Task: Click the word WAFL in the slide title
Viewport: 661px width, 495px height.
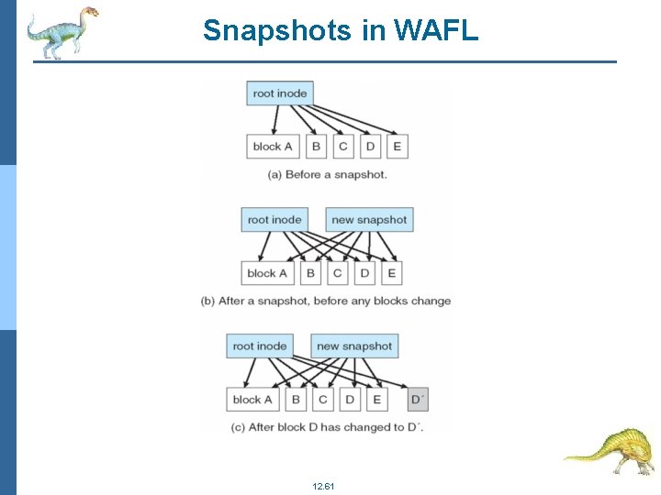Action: [x=436, y=30]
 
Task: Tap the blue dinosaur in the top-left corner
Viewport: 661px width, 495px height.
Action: [x=61, y=32]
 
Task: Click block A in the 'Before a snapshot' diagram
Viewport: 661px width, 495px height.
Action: [x=273, y=147]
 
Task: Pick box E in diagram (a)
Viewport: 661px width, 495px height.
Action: [x=398, y=147]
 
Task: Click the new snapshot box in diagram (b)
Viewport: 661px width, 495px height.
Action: [x=369, y=220]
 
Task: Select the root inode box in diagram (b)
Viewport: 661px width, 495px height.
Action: [x=274, y=220]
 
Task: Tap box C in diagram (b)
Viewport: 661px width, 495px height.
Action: [x=337, y=273]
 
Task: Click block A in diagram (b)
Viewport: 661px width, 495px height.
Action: [x=267, y=273]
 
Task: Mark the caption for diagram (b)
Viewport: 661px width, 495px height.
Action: [x=326, y=301]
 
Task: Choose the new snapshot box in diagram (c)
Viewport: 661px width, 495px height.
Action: [x=354, y=346]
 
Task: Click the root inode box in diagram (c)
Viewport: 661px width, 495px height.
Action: [x=260, y=346]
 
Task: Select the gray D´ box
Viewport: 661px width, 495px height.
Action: [x=418, y=400]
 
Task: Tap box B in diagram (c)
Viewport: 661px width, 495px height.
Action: [x=296, y=400]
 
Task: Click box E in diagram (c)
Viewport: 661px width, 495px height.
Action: [x=377, y=400]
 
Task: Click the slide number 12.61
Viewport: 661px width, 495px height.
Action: [x=323, y=485]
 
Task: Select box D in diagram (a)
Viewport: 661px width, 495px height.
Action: [x=370, y=147]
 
